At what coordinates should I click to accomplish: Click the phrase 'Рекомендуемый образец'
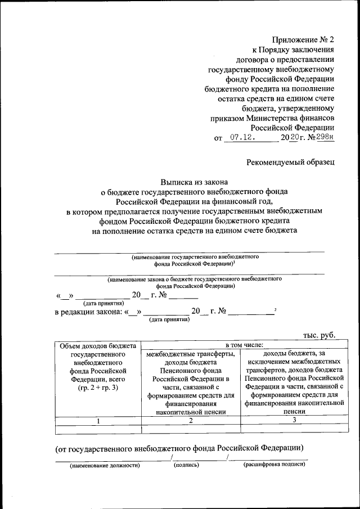click(x=291, y=163)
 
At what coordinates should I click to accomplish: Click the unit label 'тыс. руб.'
click(x=319, y=335)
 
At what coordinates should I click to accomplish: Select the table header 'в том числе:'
click(x=239, y=345)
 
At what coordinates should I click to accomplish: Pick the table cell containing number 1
click(x=98, y=420)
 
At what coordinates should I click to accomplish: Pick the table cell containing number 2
click(x=191, y=420)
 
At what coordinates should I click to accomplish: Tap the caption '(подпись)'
click(x=187, y=466)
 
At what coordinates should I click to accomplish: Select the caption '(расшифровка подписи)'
click(x=274, y=466)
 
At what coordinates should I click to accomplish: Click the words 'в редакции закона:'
click(x=88, y=312)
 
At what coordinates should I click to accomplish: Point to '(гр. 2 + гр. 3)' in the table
click(x=98, y=389)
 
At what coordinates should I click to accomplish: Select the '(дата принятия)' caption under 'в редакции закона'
click(x=169, y=319)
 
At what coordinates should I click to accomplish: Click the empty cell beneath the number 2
click(x=191, y=429)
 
